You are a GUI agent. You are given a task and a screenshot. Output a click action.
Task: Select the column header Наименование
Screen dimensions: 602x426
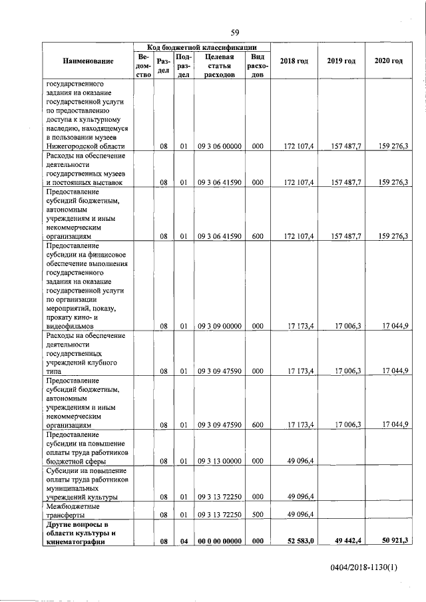point(89,62)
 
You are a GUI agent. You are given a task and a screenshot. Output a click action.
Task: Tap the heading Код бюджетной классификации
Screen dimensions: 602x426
point(203,47)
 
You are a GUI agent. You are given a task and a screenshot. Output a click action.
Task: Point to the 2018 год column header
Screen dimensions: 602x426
point(294,62)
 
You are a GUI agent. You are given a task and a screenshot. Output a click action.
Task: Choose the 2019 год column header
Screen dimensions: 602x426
point(341,62)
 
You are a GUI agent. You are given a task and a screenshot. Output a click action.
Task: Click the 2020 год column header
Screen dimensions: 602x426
point(388,62)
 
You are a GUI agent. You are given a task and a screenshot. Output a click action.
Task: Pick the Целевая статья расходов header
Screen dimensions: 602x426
point(219,67)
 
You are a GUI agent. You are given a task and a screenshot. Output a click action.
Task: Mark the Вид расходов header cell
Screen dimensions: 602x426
point(258,67)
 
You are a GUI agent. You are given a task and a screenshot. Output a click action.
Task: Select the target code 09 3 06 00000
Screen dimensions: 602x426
point(219,146)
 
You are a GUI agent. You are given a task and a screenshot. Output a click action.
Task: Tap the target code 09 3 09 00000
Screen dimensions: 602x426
point(219,327)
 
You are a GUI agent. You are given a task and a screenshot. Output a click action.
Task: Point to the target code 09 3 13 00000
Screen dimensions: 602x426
point(219,460)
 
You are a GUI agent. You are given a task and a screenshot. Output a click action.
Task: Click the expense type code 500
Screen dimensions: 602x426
point(258,514)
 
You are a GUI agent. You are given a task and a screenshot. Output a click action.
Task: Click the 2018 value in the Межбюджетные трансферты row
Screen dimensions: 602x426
point(301,514)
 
